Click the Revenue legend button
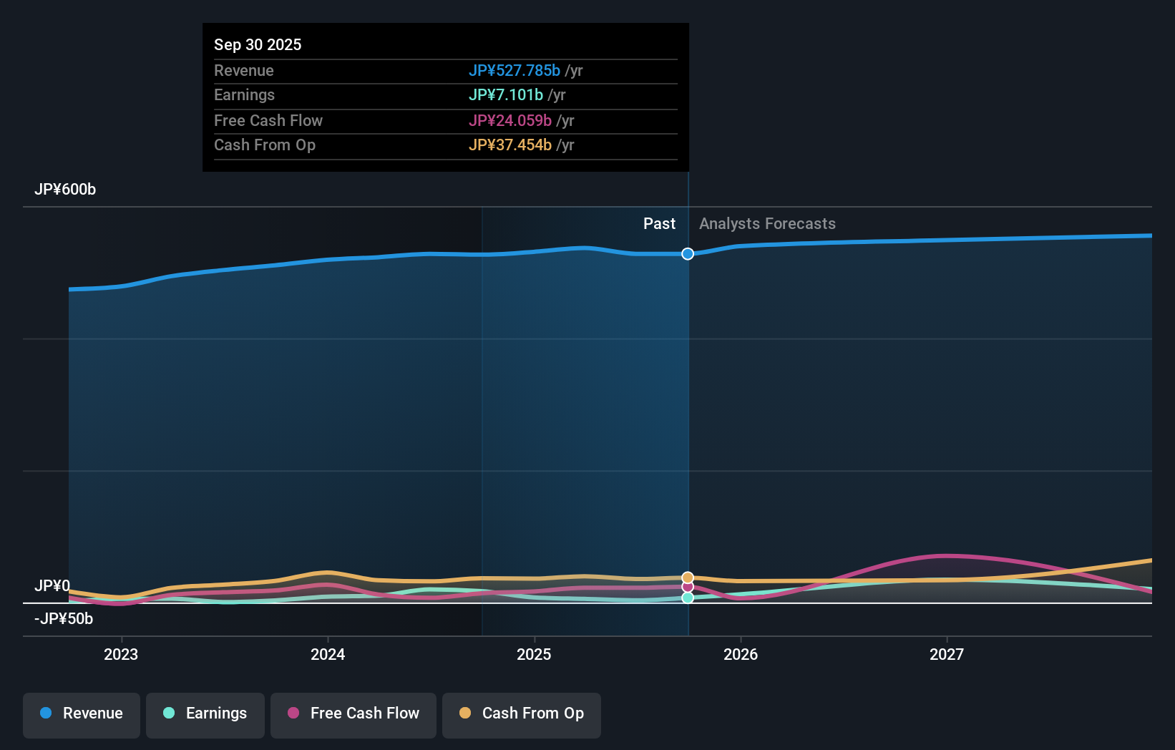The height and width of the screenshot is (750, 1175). (x=82, y=714)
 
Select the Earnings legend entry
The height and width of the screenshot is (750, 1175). (x=205, y=714)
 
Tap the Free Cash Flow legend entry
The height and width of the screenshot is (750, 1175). (x=354, y=714)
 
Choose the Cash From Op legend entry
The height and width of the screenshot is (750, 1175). (x=522, y=714)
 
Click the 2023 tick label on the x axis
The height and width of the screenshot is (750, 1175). (x=121, y=654)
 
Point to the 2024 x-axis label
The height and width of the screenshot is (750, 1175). (x=328, y=654)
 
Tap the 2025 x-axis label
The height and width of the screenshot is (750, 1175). (x=534, y=654)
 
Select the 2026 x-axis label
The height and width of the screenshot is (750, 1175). (x=741, y=654)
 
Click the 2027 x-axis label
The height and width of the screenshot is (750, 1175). (x=947, y=654)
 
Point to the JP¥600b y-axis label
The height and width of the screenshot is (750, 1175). (x=65, y=190)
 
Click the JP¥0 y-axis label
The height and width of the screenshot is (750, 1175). (x=52, y=586)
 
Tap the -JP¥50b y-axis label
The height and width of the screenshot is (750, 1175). (x=64, y=619)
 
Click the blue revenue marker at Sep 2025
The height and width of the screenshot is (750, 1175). (x=688, y=254)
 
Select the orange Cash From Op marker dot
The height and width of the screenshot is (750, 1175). (x=688, y=578)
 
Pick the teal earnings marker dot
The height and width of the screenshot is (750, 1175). (x=688, y=598)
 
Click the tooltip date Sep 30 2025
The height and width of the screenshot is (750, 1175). (x=258, y=44)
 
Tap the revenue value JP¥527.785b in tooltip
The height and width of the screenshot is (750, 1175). (x=515, y=70)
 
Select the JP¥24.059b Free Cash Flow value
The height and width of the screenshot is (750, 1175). (x=510, y=120)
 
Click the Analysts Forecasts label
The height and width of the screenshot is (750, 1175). (x=767, y=224)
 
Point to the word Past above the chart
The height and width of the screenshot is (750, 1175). (x=659, y=224)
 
